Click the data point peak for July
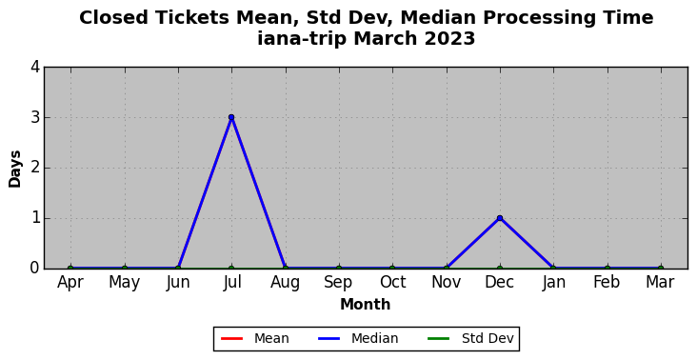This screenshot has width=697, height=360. tap(231, 117)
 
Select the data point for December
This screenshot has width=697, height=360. tap(500, 218)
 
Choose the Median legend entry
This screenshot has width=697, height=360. tap(358, 339)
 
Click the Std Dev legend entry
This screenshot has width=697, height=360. tap(470, 339)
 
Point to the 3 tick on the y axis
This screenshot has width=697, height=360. tap(35, 118)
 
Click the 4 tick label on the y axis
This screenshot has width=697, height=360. tap(35, 68)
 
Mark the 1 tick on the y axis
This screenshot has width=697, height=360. tap(35, 219)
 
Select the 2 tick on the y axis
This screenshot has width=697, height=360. tap(35, 168)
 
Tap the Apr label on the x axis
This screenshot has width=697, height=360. tap(70, 283)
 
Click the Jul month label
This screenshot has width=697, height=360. tap(231, 283)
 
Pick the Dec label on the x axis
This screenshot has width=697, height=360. tap(500, 282)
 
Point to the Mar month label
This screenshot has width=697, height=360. tap(661, 282)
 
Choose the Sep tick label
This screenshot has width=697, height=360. tap(339, 283)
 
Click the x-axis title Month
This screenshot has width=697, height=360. tap(366, 305)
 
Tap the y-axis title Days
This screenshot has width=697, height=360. tap(14, 169)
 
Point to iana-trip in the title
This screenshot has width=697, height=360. tap(302, 39)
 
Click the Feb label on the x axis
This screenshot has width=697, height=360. tap(607, 282)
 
